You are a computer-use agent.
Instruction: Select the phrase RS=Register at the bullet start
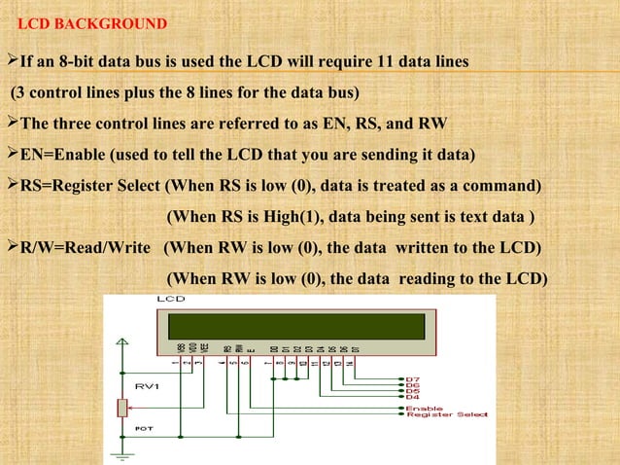pos(74,186)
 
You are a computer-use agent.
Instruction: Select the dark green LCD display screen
pos(295,326)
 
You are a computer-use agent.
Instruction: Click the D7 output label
pos(412,376)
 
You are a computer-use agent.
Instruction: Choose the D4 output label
pos(412,396)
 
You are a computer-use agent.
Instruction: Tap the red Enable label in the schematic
pos(425,409)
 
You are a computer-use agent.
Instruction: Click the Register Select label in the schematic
pos(447,417)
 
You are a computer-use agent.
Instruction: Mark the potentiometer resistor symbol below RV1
pos(122,407)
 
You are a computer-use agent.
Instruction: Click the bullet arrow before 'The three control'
pos(12,125)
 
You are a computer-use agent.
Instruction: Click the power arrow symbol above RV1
pos(122,341)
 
